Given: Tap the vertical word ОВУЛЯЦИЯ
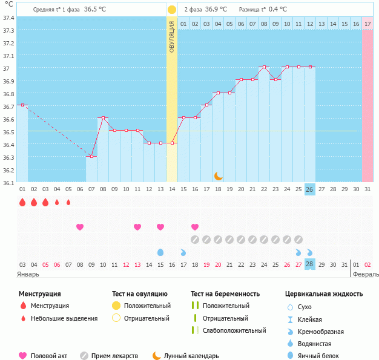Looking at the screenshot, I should pos(172,36).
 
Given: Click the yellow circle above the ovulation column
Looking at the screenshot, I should pos(172,10).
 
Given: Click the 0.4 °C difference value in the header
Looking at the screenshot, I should pos(278,10).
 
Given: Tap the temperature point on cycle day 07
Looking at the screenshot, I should pos(91,157).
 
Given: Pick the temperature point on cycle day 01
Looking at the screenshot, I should pos(22,105).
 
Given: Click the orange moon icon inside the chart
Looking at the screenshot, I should pos(218,176).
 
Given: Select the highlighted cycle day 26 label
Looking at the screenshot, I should pos(309,189).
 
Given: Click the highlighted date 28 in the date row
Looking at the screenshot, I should pos(309,264).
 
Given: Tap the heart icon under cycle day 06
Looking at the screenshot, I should pos(80,227).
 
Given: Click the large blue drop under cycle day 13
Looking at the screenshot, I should pos(160,252).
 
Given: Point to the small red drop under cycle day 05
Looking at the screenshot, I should pos(68,202).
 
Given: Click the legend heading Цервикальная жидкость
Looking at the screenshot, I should pos(324,293).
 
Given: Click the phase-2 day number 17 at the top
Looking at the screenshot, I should pos(367,24).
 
